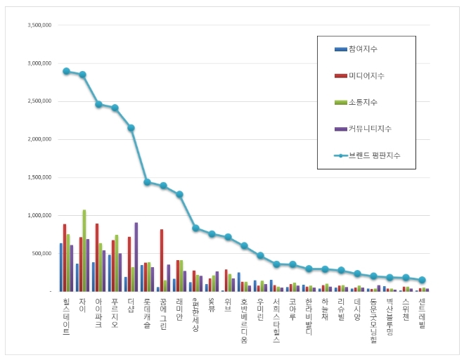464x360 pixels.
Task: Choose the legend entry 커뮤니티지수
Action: [370, 129]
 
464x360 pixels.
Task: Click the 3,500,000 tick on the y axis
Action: [39, 25]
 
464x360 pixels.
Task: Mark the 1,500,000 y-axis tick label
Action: [39, 177]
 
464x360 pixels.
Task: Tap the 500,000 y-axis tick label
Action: [42, 253]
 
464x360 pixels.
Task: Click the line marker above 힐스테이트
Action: [66, 71]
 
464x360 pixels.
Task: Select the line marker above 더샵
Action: [131, 128]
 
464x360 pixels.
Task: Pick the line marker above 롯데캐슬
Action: [147, 182]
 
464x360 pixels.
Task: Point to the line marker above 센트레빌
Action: [423, 280]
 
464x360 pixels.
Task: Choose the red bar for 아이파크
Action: [96, 257]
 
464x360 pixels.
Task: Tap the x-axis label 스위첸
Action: [406, 310]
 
